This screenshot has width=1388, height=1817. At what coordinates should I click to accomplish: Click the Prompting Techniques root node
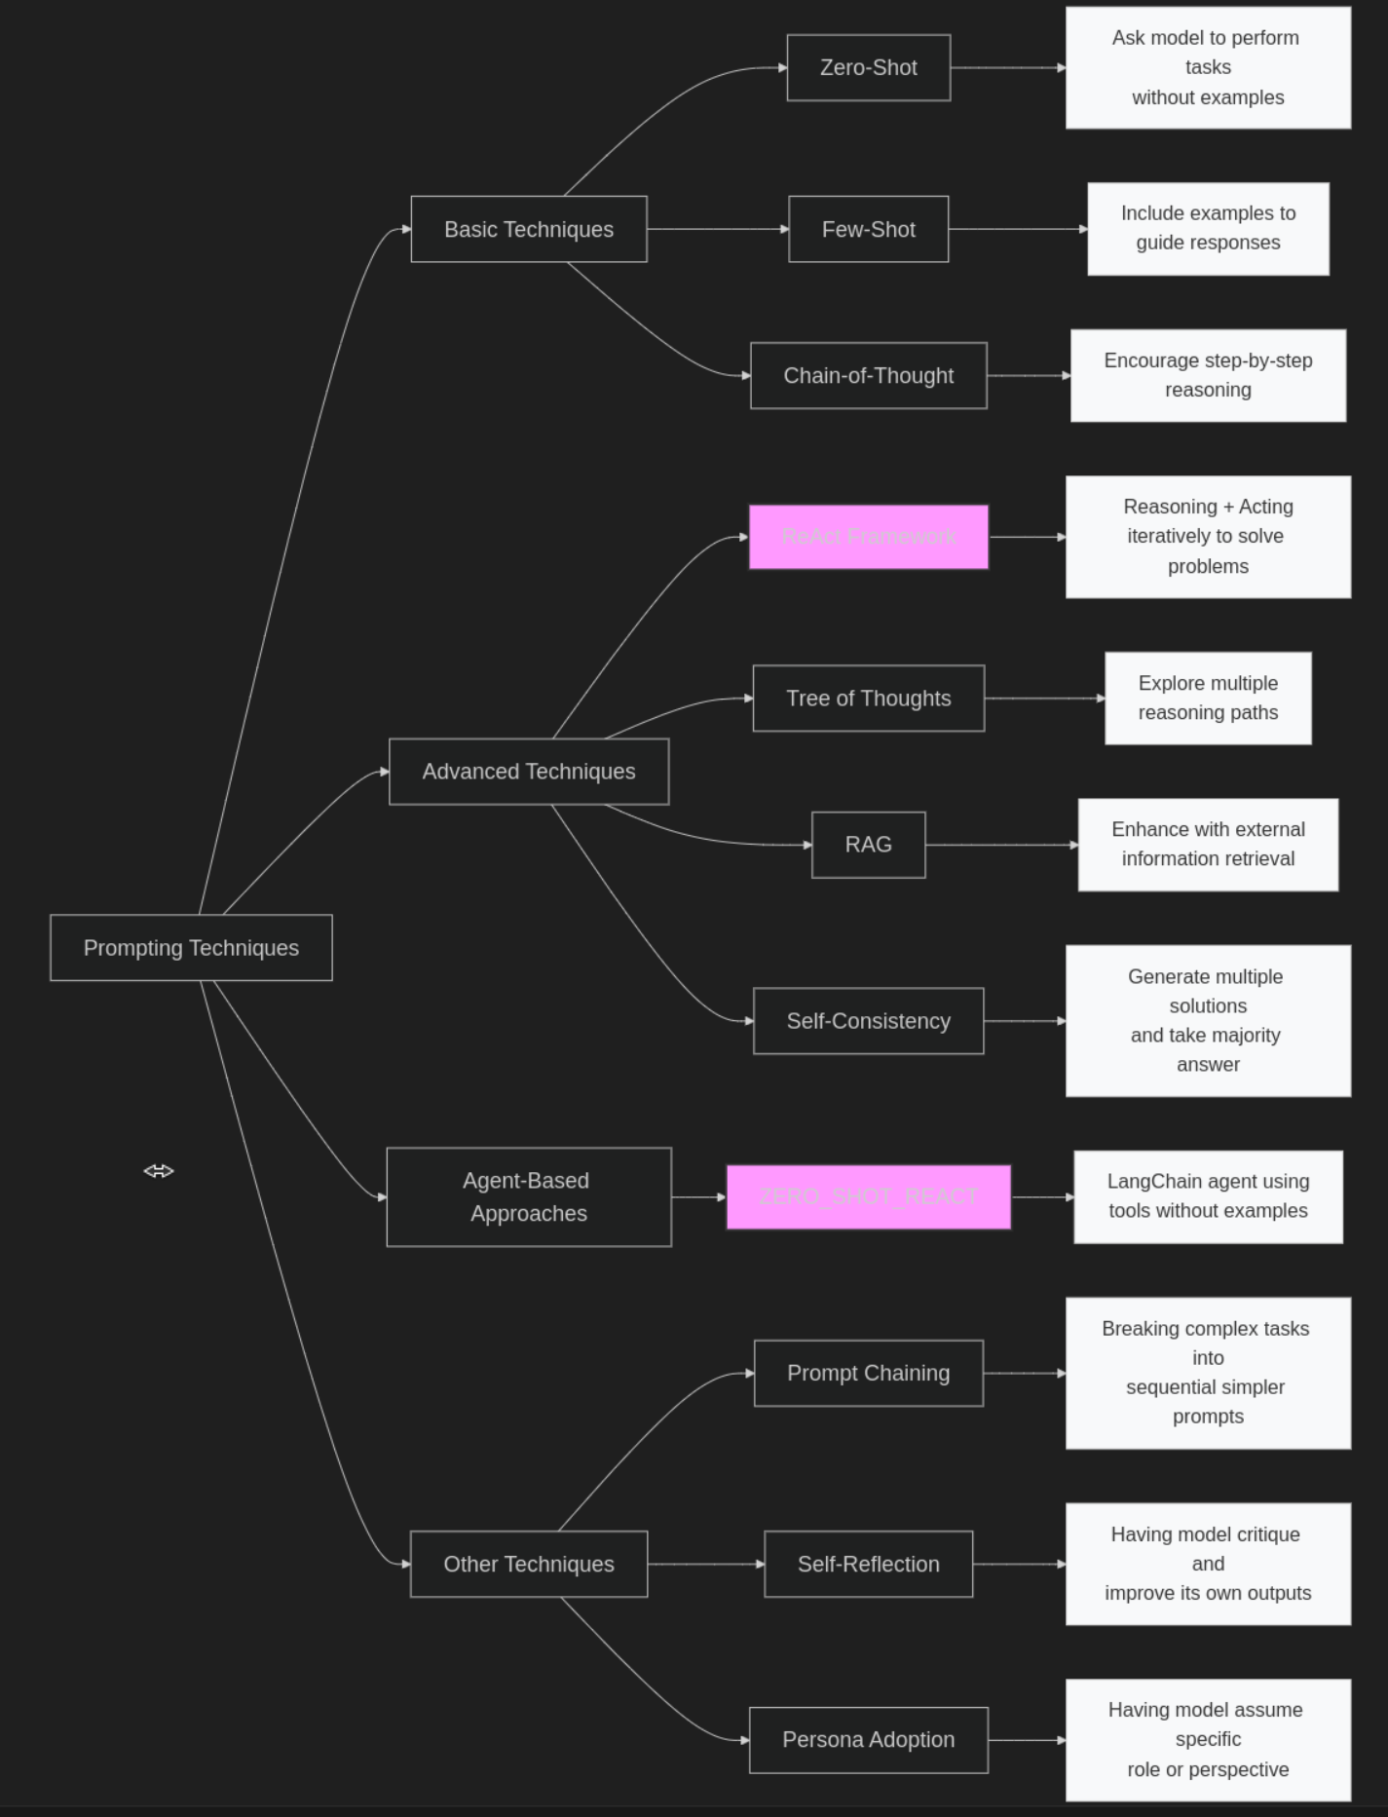(x=191, y=948)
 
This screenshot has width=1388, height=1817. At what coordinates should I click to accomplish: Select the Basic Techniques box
(x=529, y=229)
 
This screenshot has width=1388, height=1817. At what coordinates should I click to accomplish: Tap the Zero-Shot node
(x=868, y=68)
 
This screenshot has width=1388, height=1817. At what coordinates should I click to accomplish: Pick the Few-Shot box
(x=868, y=229)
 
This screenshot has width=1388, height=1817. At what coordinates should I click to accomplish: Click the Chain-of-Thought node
(x=868, y=375)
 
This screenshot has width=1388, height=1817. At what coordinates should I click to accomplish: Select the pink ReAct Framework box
(x=868, y=537)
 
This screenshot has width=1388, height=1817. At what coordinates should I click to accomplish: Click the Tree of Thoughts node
(x=868, y=699)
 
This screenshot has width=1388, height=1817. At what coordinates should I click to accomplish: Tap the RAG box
(x=868, y=845)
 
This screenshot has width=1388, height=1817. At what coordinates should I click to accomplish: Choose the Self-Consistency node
(x=868, y=1021)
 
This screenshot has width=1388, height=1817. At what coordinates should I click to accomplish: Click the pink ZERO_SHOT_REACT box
(x=868, y=1196)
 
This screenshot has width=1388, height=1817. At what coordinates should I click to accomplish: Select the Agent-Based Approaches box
(x=529, y=1196)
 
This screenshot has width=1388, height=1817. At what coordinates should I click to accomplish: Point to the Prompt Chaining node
(x=868, y=1373)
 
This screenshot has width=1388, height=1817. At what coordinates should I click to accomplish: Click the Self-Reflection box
(x=868, y=1564)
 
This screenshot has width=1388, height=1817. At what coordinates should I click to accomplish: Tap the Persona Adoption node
(x=868, y=1740)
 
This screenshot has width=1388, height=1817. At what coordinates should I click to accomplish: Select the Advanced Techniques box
(x=529, y=772)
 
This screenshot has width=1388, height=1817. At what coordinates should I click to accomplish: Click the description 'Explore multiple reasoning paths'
(x=1208, y=699)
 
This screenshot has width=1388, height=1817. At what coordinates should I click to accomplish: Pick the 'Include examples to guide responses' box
(x=1208, y=229)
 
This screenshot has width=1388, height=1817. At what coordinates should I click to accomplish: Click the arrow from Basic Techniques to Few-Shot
(x=717, y=229)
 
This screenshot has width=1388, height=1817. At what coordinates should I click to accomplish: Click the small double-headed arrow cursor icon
(x=159, y=1171)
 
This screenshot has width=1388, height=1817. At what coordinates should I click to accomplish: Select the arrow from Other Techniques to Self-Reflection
(x=705, y=1564)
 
